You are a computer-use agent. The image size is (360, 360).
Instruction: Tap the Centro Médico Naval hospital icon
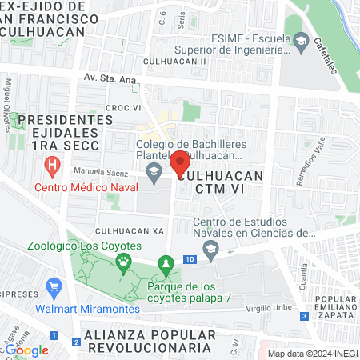pyautogui.click(x=54, y=168)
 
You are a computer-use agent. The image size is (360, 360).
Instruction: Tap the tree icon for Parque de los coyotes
pyautogui.click(x=166, y=263)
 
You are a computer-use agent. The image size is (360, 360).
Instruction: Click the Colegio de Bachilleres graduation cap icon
pyautogui.click(x=153, y=170)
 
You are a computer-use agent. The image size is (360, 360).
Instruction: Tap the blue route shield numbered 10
pyautogui.click(x=190, y=259)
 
